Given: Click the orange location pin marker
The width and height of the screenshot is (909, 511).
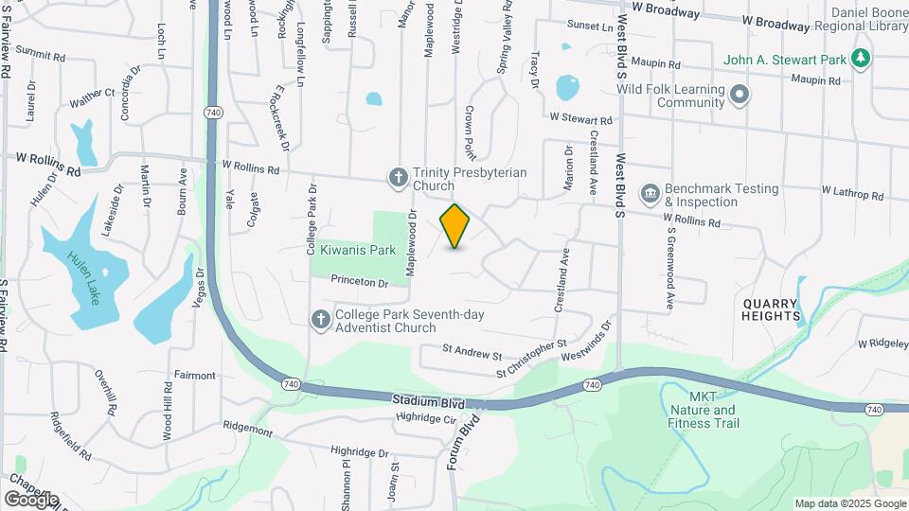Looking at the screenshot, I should click(x=455, y=226).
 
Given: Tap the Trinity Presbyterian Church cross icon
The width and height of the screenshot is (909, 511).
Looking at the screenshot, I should click(x=400, y=176).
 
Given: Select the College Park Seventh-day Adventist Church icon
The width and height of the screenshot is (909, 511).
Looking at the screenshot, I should click(x=321, y=320).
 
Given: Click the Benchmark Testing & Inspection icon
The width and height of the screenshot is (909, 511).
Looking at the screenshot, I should click(x=651, y=195).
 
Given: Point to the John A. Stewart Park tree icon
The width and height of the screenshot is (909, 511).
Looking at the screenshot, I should click(x=861, y=60).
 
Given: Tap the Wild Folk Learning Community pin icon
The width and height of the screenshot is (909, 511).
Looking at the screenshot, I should click(x=740, y=95).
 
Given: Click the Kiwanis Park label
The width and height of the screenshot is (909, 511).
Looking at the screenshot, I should click(x=355, y=251).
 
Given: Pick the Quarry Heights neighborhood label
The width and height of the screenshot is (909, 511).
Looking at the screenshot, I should click(x=771, y=309).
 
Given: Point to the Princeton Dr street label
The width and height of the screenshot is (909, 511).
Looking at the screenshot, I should click(x=360, y=282).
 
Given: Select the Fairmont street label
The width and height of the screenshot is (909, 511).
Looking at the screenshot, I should click(x=194, y=376).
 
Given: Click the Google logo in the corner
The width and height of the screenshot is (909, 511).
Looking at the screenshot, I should click(x=32, y=499).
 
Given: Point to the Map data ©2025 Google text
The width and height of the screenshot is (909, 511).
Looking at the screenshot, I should click(x=849, y=503).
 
